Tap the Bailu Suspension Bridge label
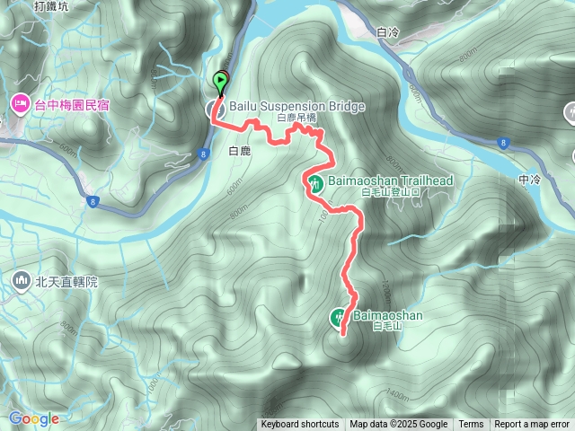pyautogui.click(x=297, y=107)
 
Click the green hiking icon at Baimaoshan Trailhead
pyautogui.click(x=314, y=183)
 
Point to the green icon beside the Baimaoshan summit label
pyautogui.click(x=339, y=316)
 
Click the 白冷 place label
pyautogui.click(x=388, y=32)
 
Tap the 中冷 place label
pyautogui.click(x=529, y=180)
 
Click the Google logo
pyautogui.click(x=34, y=418)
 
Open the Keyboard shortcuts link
pyautogui.click(x=300, y=425)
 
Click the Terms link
pyautogui.click(x=471, y=425)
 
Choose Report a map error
pyautogui.click(x=532, y=425)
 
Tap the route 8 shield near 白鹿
pyautogui.click(x=205, y=154)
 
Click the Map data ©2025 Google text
pyautogui.click(x=398, y=425)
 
